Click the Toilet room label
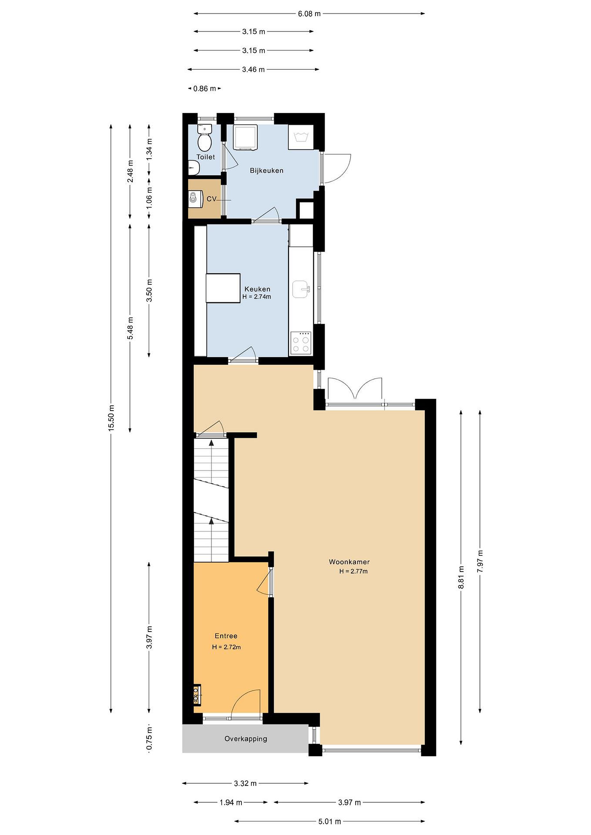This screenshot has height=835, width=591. click(206, 157)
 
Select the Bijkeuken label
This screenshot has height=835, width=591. click(266, 170)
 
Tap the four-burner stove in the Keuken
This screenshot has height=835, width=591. click(301, 343)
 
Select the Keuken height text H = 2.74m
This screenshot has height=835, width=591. click(256, 297)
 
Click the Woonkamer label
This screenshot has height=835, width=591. click(349, 562)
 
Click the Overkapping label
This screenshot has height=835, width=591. click(246, 739)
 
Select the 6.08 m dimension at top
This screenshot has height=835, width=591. click(309, 14)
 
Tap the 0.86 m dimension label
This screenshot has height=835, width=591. click(205, 88)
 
